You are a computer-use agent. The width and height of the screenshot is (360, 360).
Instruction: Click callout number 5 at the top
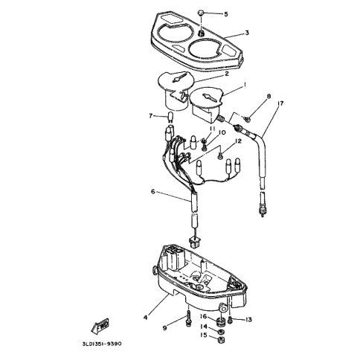225,14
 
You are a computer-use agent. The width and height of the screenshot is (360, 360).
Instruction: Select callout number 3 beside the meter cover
247,33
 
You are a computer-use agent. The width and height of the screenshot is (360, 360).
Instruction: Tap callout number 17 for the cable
280,103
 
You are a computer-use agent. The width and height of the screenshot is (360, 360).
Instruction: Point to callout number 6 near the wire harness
152,191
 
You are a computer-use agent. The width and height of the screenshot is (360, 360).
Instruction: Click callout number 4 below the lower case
145,317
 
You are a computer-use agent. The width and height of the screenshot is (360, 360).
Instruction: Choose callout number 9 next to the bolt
165,328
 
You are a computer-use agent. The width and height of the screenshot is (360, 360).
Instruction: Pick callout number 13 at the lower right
248,320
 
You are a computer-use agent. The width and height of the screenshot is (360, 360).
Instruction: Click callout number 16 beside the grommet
203,316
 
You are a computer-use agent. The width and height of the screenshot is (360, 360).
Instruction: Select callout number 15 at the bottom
203,335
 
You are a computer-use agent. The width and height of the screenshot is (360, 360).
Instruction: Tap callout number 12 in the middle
238,141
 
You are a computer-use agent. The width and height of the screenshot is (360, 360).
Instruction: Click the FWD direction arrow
100,325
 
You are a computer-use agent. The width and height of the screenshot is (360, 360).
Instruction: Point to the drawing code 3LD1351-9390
102,344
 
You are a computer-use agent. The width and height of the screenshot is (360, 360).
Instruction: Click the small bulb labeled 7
170,117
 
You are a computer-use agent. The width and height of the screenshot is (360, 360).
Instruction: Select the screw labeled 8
247,119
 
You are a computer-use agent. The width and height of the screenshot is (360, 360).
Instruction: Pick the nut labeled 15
220,340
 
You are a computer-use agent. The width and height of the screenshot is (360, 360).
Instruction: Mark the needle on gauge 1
209,97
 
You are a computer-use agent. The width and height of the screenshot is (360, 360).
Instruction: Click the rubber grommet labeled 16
220,322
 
